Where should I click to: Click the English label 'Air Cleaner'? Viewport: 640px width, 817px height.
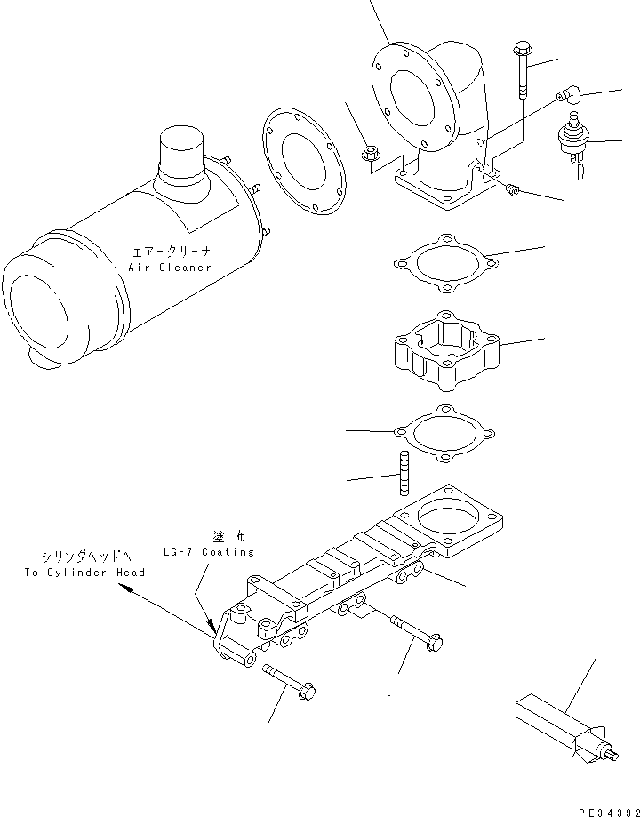(x=170, y=267)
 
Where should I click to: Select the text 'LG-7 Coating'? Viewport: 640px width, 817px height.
(x=209, y=552)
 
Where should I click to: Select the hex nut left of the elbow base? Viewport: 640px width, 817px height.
(x=371, y=155)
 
